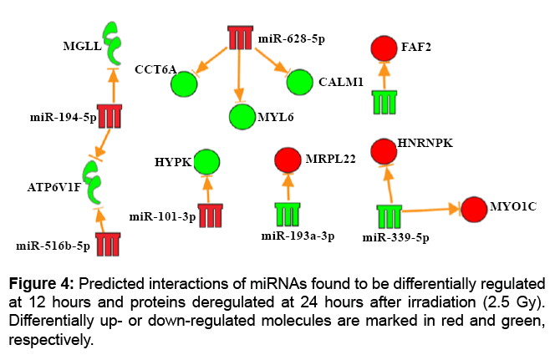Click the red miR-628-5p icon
[x=241, y=38]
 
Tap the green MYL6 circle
[x=242, y=116]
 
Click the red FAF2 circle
[x=384, y=48]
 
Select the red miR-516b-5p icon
[x=107, y=244]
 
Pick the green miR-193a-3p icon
[x=288, y=214]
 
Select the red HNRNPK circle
[x=383, y=151]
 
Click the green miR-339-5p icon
[x=390, y=215]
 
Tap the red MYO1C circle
[x=473, y=209]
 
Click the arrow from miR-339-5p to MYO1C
[x=430, y=211]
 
